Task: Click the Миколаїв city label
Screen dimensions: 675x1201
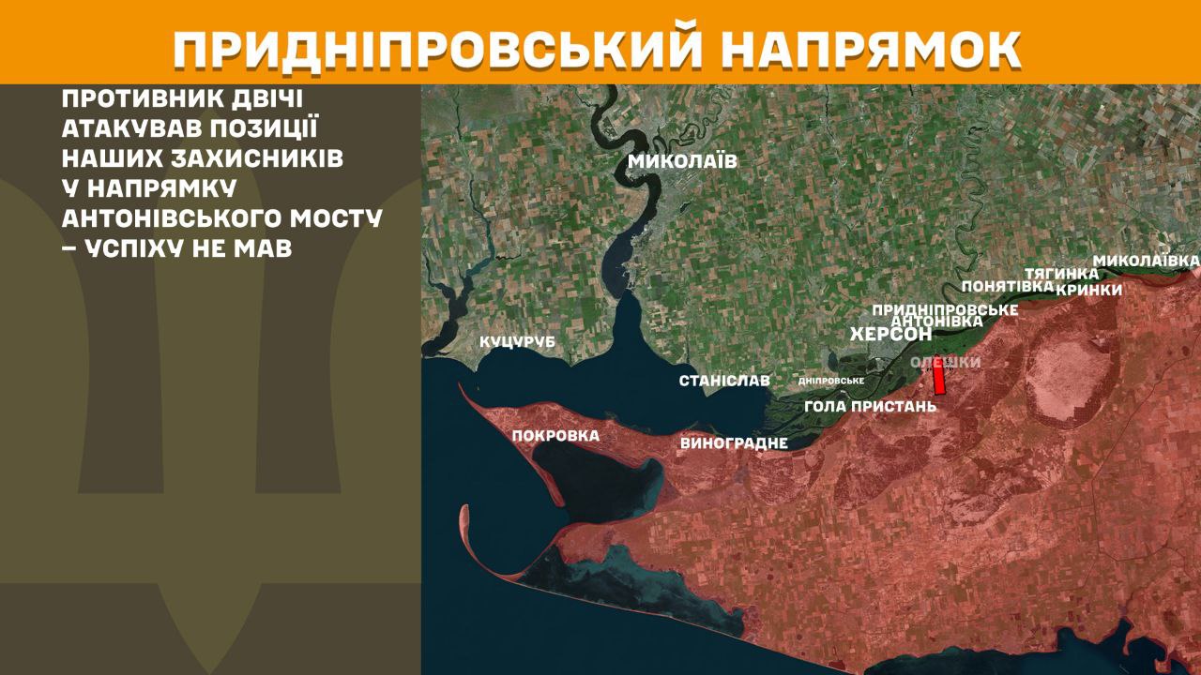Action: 682,161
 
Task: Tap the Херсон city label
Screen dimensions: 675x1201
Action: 889,335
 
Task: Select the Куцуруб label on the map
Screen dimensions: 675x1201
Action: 517,342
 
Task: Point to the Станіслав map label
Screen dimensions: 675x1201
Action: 724,381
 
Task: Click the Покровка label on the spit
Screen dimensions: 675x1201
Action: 555,436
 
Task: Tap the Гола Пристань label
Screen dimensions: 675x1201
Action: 870,407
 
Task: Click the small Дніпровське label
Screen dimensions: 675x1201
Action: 830,381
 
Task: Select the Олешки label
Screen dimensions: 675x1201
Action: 946,362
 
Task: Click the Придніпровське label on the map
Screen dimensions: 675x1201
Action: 945,308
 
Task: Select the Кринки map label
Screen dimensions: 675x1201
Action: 1088,290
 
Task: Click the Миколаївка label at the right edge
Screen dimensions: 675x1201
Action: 1147,259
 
